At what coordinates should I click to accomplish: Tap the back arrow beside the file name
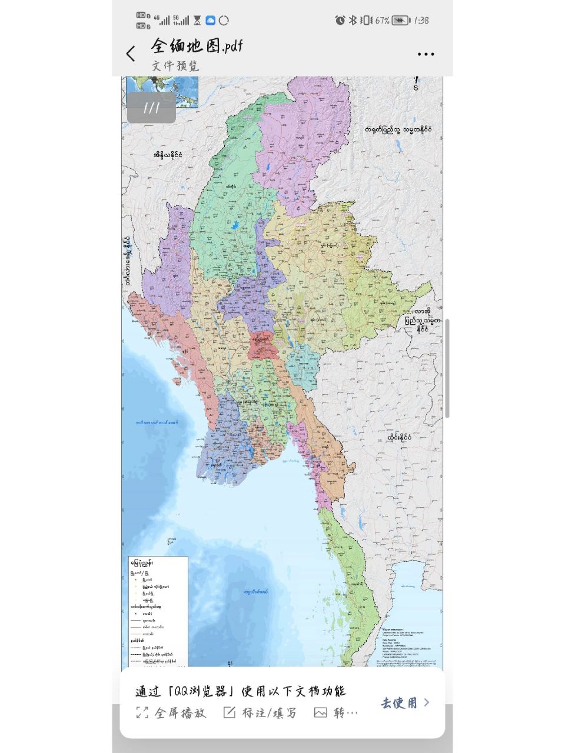(131, 54)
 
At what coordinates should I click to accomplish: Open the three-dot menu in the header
(426, 54)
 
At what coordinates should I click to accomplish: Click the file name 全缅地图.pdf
(197, 46)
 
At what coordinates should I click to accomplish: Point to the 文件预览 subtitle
(175, 66)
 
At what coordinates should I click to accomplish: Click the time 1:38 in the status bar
(421, 21)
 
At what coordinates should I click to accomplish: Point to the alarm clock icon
(340, 21)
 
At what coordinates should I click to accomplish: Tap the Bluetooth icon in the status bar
(353, 21)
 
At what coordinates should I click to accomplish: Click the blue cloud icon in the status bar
(210, 21)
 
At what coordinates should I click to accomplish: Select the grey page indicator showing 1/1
(151, 108)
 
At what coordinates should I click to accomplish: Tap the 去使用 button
(405, 702)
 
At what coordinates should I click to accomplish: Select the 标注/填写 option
(261, 713)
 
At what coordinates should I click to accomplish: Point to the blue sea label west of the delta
(156, 422)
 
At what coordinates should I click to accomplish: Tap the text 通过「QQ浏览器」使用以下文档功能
(240, 691)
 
